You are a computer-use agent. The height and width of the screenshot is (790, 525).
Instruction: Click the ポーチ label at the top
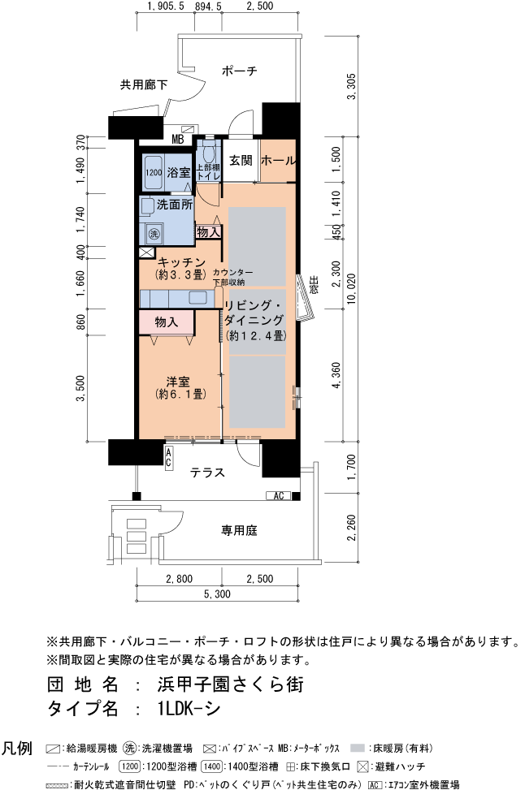(x=240, y=71)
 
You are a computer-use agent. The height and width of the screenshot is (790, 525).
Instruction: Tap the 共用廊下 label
(x=144, y=84)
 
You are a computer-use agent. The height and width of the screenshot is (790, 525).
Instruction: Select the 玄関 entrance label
(x=240, y=161)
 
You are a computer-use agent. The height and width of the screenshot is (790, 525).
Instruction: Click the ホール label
(x=279, y=161)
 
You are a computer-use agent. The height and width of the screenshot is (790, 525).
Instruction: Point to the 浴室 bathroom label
(x=179, y=172)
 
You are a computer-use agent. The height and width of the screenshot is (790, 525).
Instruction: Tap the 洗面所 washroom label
(x=174, y=205)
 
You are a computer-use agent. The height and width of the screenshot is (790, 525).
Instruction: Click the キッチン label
(x=180, y=261)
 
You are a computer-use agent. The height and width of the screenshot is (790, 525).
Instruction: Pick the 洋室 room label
(x=180, y=382)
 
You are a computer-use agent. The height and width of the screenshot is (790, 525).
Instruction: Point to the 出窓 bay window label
(x=313, y=287)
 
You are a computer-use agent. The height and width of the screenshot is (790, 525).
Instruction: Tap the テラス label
(x=207, y=473)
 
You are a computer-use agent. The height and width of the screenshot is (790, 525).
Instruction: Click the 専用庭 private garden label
(x=240, y=530)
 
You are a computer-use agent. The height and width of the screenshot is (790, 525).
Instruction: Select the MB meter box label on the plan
(x=178, y=138)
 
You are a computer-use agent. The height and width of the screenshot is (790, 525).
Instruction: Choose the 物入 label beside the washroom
(x=208, y=232)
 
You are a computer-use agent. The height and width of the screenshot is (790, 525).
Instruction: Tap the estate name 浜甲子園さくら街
(x=230, y=684)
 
